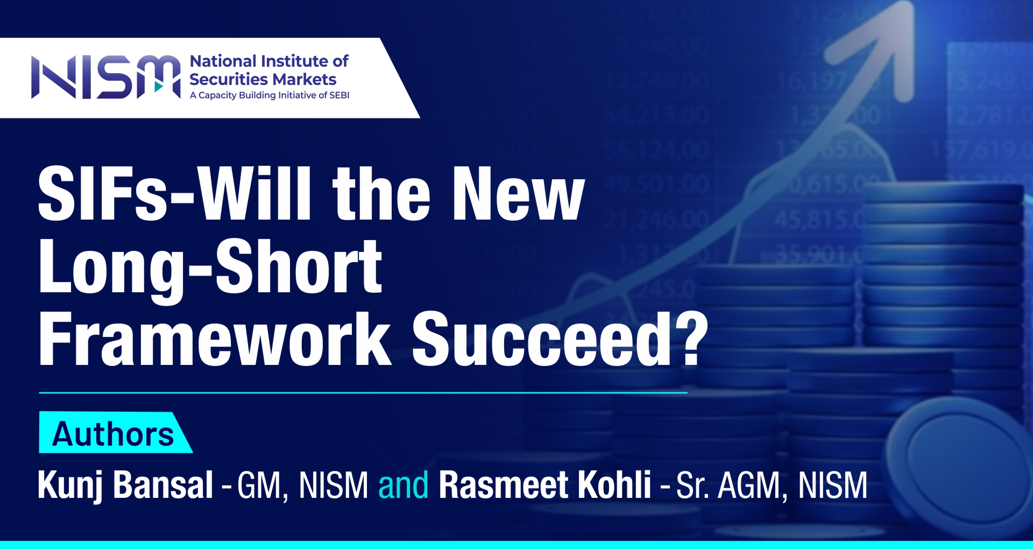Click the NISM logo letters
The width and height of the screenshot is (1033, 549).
[106, 77]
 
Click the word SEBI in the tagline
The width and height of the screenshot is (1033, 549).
[339, 95]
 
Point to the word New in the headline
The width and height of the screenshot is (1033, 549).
[519, 194]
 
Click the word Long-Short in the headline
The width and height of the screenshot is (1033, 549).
[210, 268]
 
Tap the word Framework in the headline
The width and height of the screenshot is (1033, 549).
[215, 339]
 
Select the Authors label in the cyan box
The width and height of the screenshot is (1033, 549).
[114, 434]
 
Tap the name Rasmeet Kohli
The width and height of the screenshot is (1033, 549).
[545, 485]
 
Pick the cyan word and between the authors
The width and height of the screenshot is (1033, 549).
[404, 485]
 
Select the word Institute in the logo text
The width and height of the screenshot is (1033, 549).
[292, 61]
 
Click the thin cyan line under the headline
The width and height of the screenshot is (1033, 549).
[363, 393]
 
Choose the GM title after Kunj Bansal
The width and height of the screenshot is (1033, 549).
[259, 485]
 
